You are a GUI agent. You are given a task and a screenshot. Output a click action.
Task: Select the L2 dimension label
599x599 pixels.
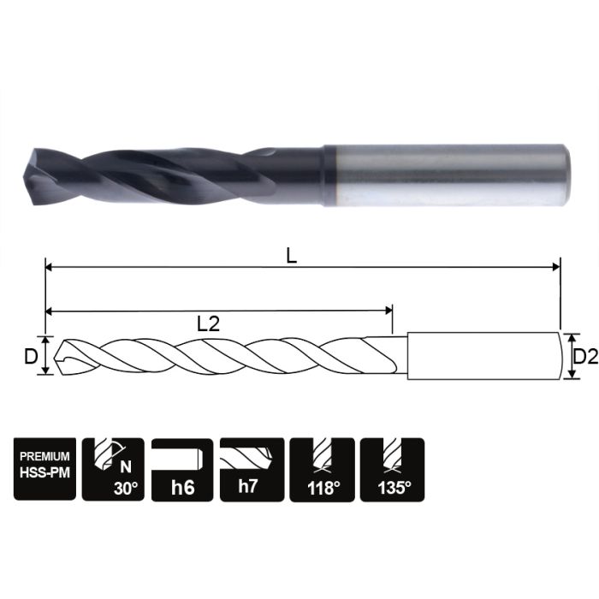pos(209,323)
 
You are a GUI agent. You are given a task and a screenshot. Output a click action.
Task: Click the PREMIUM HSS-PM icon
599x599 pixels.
pos(44,470)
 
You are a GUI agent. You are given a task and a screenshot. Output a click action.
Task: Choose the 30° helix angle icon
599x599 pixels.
pos(114,470)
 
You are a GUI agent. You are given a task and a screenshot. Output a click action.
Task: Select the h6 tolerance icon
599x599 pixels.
pos(182,470)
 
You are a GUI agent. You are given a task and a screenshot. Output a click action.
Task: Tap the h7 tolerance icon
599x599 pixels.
pos(252,470)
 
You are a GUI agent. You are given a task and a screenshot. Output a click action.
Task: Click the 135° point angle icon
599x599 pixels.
pos(392,470)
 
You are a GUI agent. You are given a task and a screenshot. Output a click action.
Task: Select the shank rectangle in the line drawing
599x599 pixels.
pos(483,356)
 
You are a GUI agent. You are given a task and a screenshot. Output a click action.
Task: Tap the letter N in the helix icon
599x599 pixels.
pos(126,467)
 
